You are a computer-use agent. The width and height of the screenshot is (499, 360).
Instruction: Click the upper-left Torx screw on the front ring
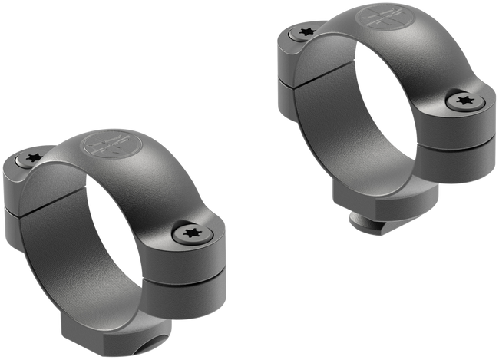(x=33, y=159)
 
